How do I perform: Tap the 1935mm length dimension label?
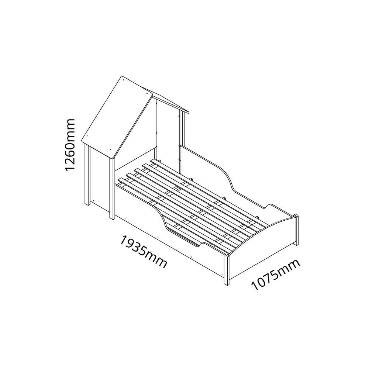pos(144,251)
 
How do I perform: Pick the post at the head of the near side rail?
pos(112,188)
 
